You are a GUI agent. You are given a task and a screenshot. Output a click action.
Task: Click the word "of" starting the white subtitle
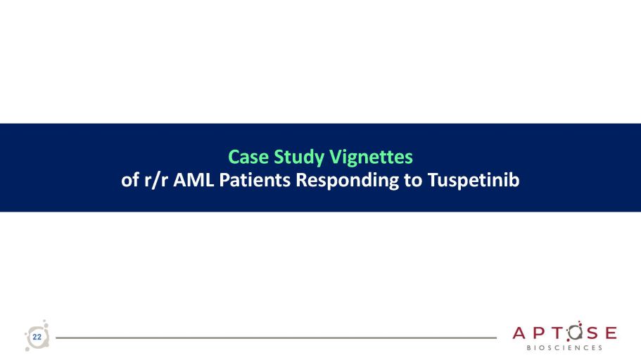point(130,180)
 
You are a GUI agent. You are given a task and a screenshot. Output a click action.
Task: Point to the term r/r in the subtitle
point(156,180)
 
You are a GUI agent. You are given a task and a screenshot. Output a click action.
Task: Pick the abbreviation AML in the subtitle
point(193,180)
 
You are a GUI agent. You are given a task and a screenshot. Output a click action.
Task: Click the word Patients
point(255,180)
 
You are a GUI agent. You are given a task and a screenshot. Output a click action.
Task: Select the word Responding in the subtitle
point(347,181)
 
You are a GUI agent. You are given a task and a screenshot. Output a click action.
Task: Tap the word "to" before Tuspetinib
point(413,181)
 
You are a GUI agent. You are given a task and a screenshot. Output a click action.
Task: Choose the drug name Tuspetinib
point(474,181)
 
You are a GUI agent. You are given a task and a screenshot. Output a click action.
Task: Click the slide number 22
point(37,337)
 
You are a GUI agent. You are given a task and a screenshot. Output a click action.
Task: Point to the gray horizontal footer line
point(276,338)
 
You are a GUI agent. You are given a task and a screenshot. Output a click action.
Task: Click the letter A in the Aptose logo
point(519,333)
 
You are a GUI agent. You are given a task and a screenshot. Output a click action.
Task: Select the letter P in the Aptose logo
point(539,333)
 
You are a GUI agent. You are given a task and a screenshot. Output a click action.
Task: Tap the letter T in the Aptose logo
point(557,333)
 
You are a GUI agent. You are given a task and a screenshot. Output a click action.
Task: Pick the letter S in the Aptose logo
point(592,333)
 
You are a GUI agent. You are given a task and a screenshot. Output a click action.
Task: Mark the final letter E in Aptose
point(611,333)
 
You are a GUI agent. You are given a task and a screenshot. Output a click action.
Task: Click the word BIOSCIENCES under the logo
point(564,348)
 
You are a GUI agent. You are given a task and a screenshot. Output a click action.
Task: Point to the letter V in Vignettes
point(335,157)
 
